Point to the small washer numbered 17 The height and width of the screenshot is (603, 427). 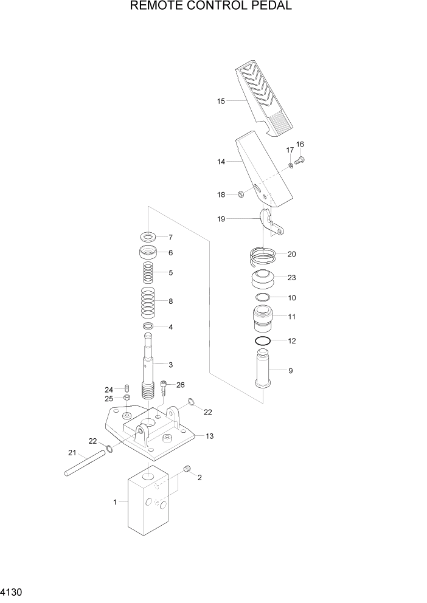pos(291,165)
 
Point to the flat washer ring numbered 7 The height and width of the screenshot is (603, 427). pos(148,236)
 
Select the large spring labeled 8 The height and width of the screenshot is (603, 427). pos(148,301)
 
